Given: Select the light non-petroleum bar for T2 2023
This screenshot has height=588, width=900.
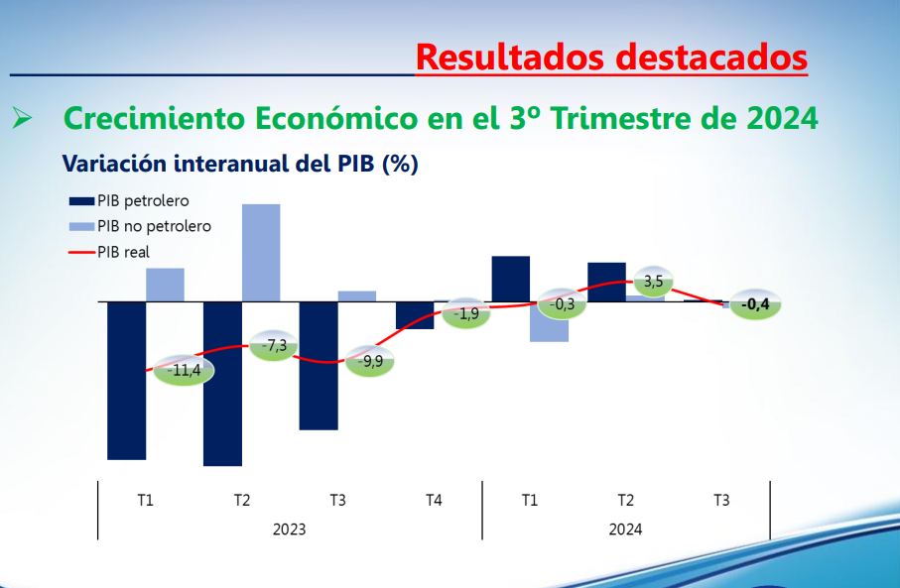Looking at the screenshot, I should click(x=261, y=252).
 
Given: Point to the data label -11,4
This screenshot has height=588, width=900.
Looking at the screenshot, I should click(x=184, y=371).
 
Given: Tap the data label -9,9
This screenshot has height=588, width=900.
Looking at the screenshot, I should click(x=372, y=361).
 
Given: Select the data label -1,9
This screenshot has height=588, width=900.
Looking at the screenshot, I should click(x=467, y=314).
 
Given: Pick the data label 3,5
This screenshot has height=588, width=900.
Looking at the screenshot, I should click(x=653, y=282).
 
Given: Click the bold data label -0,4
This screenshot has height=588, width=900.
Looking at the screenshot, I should click(x=756, y=304).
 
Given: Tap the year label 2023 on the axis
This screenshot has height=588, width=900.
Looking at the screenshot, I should click(x=289, y=529).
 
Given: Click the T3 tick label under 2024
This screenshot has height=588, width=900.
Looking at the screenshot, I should click(x=721, y=501).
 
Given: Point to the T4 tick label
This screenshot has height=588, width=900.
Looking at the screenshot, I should click(x=434, y=501).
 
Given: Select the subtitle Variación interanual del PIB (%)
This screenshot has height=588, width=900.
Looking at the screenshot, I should click(x=240, y=165).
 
